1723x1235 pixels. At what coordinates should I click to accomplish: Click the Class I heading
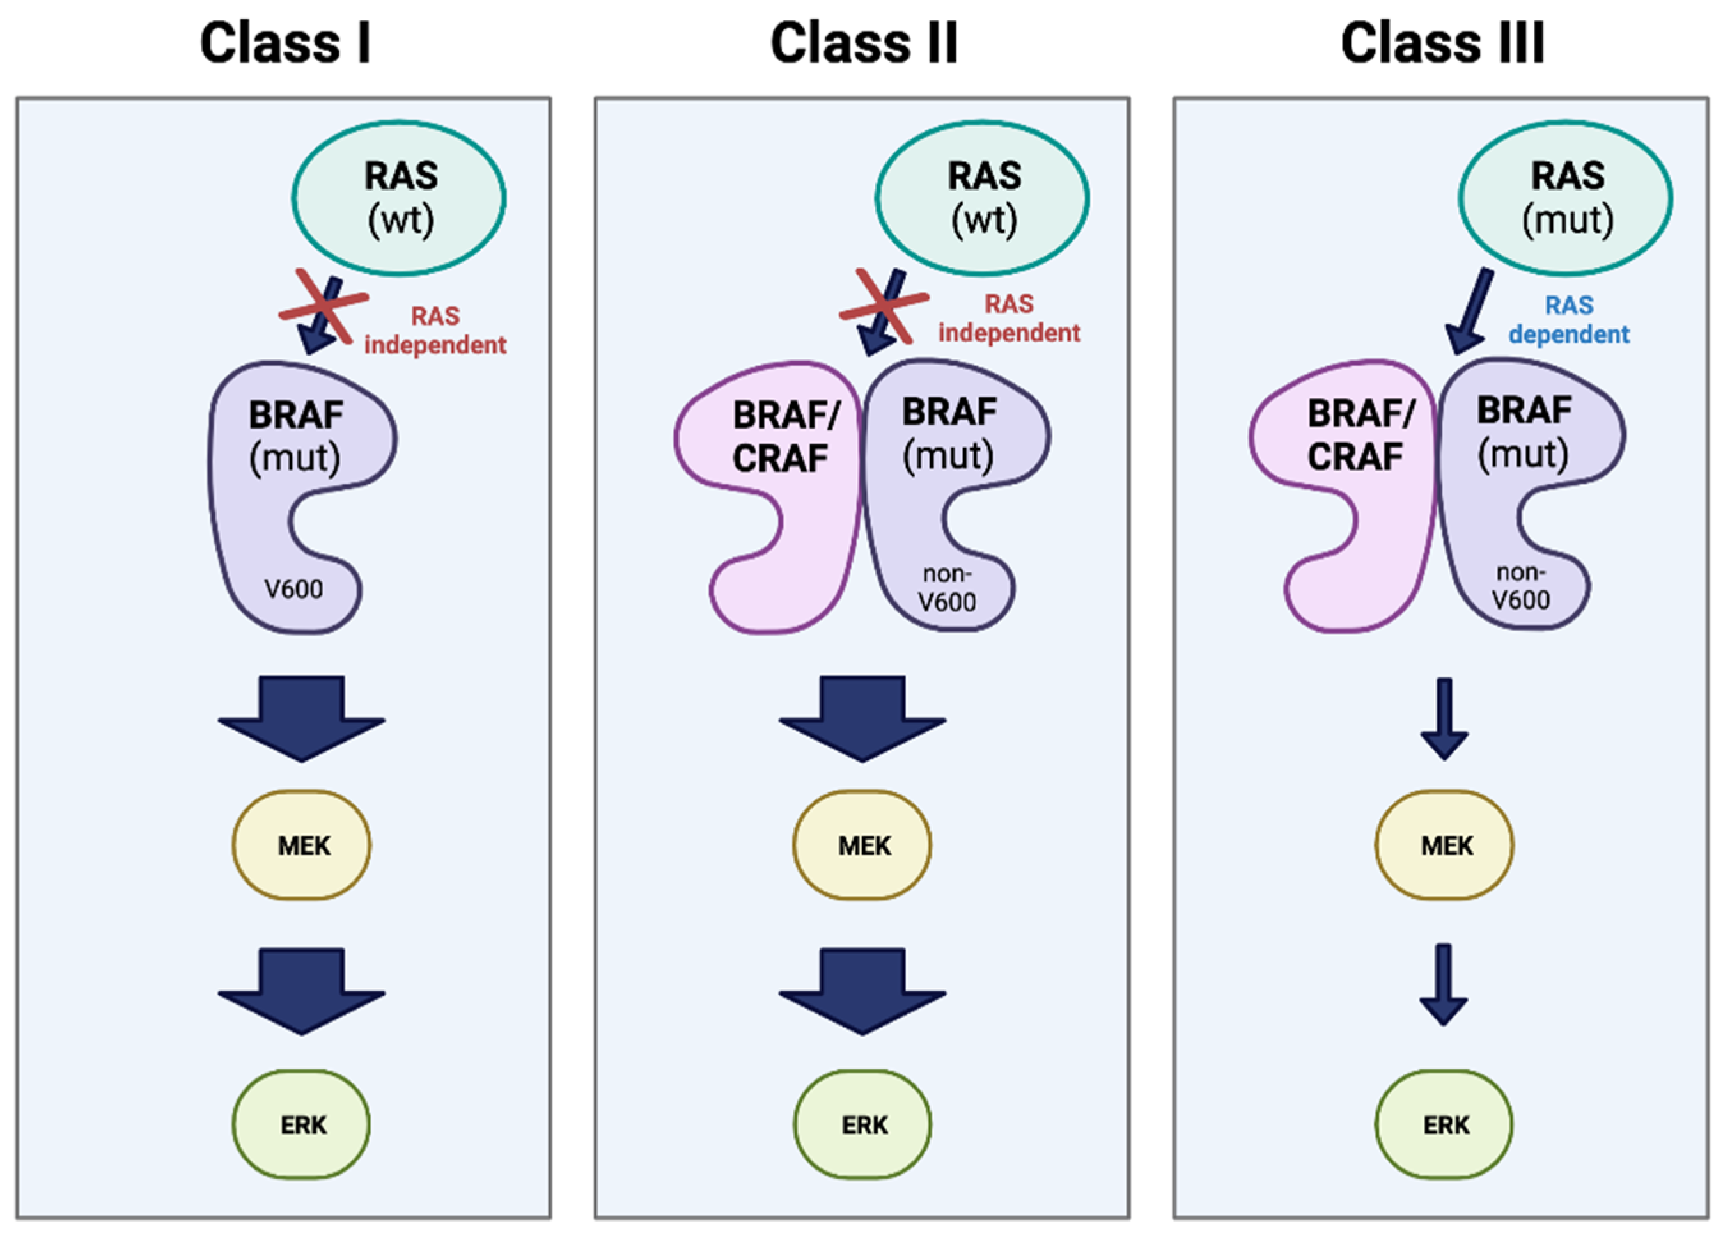(285, 43)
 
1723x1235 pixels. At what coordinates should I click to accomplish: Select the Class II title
(864, 43)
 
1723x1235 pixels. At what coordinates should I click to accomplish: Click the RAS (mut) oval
(1565, 198)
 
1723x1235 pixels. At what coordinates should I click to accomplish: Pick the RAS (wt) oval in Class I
(399, 198)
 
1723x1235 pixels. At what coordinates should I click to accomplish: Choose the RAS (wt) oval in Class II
(982, 198)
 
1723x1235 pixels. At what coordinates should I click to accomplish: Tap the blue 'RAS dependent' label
(1568, 320)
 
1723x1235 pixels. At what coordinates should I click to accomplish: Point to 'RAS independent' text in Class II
(1009, 319)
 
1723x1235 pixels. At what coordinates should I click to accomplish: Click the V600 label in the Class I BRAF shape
(293, 589)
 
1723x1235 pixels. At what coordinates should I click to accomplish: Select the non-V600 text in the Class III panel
(1520, 586)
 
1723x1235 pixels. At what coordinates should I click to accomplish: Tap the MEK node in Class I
(302, 845)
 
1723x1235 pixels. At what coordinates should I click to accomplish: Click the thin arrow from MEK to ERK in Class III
(1444, 985)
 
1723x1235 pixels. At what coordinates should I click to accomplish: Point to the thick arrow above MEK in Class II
(862, 719)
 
